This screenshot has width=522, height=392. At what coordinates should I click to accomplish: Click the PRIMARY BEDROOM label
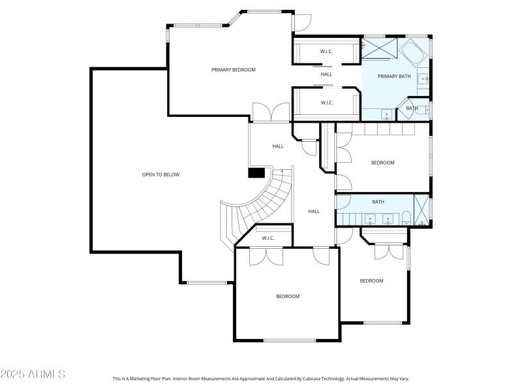click(x=233, y=70)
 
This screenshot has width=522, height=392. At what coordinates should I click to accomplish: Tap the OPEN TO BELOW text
click(x=161, y=174)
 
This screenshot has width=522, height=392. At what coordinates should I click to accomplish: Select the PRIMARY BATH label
click(x=395, y=76)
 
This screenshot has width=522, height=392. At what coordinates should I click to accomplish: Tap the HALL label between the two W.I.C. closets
click(x=326, y=74)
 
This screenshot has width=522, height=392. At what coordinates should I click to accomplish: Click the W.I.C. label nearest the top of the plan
click(x=326, y=51)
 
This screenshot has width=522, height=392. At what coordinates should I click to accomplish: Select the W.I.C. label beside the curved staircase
click(x=268, y=238)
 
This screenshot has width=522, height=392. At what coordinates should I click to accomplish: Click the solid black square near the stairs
click(x=256, y=172)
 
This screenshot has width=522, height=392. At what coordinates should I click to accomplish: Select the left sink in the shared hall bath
click(x=370, y=219)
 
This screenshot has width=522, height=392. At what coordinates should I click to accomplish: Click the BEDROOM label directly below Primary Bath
click(x=383, y=163)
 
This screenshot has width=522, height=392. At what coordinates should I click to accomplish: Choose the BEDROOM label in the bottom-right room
click(x=372, y=281)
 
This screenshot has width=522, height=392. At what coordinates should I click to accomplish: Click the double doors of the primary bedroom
click(x=271, y=113)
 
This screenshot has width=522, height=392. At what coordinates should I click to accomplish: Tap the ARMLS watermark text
click(x=33, y=374)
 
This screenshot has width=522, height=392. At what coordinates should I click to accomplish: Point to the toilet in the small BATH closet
click(x=422, y=108)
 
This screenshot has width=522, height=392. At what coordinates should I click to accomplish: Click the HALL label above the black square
click(x=278, y=146)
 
